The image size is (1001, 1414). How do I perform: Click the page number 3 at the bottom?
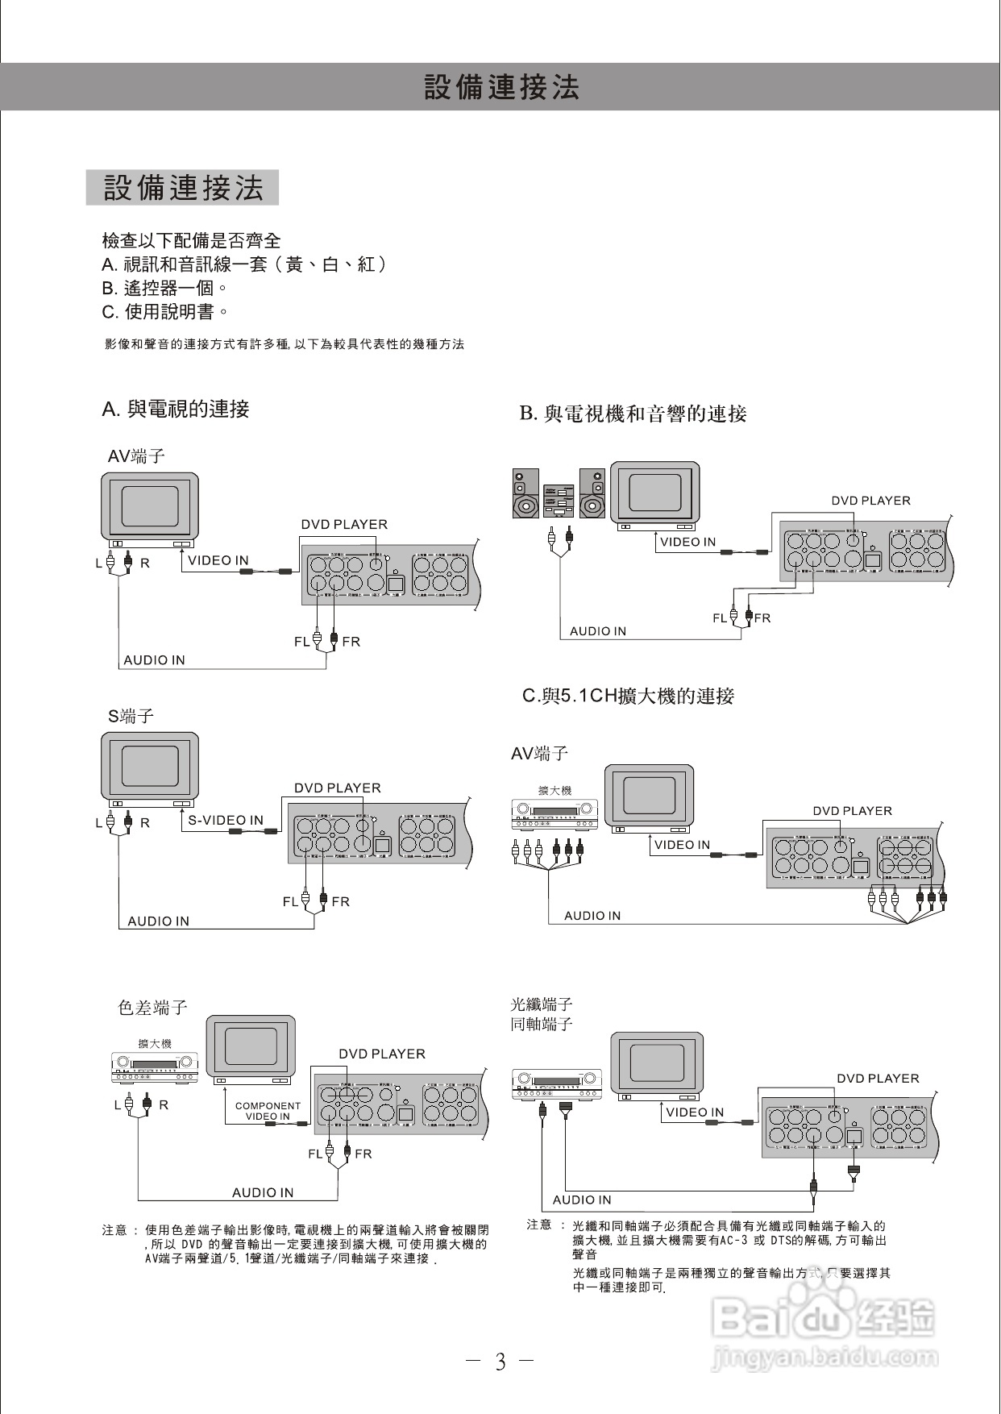point(500,1362)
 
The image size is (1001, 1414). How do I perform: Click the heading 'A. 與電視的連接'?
point(176,410)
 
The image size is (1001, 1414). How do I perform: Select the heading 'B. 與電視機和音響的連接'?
point(633,414)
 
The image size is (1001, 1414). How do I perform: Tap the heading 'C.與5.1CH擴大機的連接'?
point(628,696)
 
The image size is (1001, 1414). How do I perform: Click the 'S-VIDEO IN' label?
point(226,820)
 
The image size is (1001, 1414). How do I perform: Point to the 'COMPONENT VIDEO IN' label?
point(268,1111)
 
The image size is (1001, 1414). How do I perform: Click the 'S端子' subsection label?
point(131,716)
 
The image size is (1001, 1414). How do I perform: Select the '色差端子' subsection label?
point(152,1008)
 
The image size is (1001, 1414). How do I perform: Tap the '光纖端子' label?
point(542,1004)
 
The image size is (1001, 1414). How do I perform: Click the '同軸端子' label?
point(542,1024)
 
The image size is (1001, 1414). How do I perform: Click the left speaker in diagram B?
point(526,494)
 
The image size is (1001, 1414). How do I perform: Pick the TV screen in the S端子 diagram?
point(150,766)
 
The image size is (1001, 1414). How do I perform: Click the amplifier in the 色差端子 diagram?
point(155,1068)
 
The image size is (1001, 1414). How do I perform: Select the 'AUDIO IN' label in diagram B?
point(597,631)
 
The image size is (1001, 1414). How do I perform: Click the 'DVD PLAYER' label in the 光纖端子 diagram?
point(878,1079)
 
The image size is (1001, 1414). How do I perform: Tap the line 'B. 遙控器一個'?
point(164,288)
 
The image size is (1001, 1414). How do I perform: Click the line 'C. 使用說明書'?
point(165,311)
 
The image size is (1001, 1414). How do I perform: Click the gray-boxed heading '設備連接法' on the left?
point(183,188)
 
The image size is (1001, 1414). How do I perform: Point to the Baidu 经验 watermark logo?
point(824,1319)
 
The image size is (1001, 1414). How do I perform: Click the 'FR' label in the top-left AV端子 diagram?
point(351,642)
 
